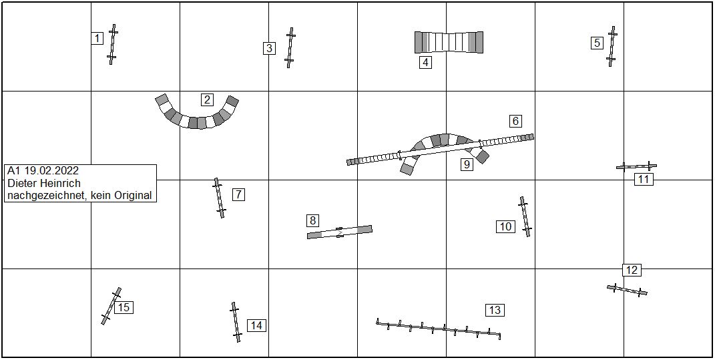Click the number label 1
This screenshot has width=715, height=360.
pos(97,38)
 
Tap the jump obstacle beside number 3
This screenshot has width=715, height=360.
pos(290,47)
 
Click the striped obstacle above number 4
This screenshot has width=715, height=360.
pos(449,43)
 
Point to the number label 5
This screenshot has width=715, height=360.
pos(597,43)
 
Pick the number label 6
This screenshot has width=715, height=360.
pos(515,121)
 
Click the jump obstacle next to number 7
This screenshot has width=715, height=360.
pos(220,198)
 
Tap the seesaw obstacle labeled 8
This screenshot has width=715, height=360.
pos(340,232)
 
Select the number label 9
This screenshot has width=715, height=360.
pos(467,164)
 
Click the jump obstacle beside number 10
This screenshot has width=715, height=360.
pos(525,216)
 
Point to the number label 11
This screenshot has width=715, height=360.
pos(644,179)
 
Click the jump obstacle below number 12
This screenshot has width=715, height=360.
pos(627,290)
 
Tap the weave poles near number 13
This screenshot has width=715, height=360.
pos(439,329)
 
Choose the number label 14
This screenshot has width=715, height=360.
pos(257,325)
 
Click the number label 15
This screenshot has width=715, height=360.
pos(124,307)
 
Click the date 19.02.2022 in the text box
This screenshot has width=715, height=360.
pos(51,170)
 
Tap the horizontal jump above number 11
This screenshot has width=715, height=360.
pos(637,166)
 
